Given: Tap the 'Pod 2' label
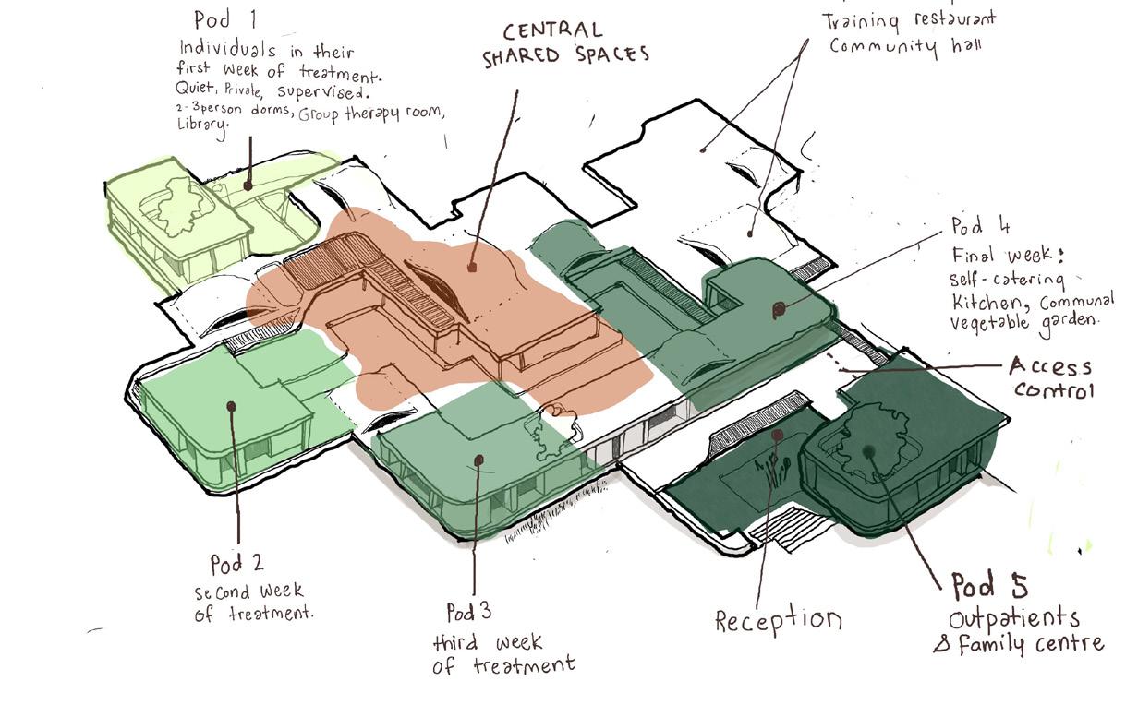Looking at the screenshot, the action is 237,562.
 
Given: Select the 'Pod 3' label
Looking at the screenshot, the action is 468,612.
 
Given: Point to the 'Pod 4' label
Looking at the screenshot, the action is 980,226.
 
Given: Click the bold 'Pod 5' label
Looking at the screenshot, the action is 989,585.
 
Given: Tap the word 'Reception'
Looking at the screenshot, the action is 779,620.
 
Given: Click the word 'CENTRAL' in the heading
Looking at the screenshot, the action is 553,31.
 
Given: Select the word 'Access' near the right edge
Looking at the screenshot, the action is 1051,367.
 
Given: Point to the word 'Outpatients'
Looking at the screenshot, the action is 1014,617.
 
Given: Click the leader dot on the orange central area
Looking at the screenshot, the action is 472,268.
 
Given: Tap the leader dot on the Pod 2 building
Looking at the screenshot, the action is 232,405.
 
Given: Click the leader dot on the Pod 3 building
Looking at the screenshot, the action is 478,459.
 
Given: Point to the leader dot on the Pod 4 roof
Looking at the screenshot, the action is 779,310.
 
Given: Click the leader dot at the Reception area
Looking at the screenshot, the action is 778,434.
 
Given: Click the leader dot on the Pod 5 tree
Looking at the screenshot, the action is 867,451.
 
